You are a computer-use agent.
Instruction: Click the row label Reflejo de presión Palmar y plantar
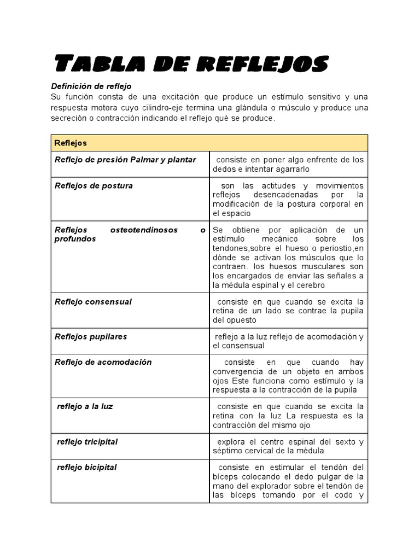coord(125,160)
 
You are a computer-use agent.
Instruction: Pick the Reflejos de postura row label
coord(94,185)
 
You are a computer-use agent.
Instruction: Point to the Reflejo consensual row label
coord(94,302)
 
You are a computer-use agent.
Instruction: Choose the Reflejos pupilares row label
coord(91,336)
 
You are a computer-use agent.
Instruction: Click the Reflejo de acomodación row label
coord(103,362)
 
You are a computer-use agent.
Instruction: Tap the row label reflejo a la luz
coord(85,406)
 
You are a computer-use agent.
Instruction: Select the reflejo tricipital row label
coord(87,441)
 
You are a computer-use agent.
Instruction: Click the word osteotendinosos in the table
coord(144,230)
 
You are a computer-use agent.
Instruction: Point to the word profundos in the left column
coord(75,239)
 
